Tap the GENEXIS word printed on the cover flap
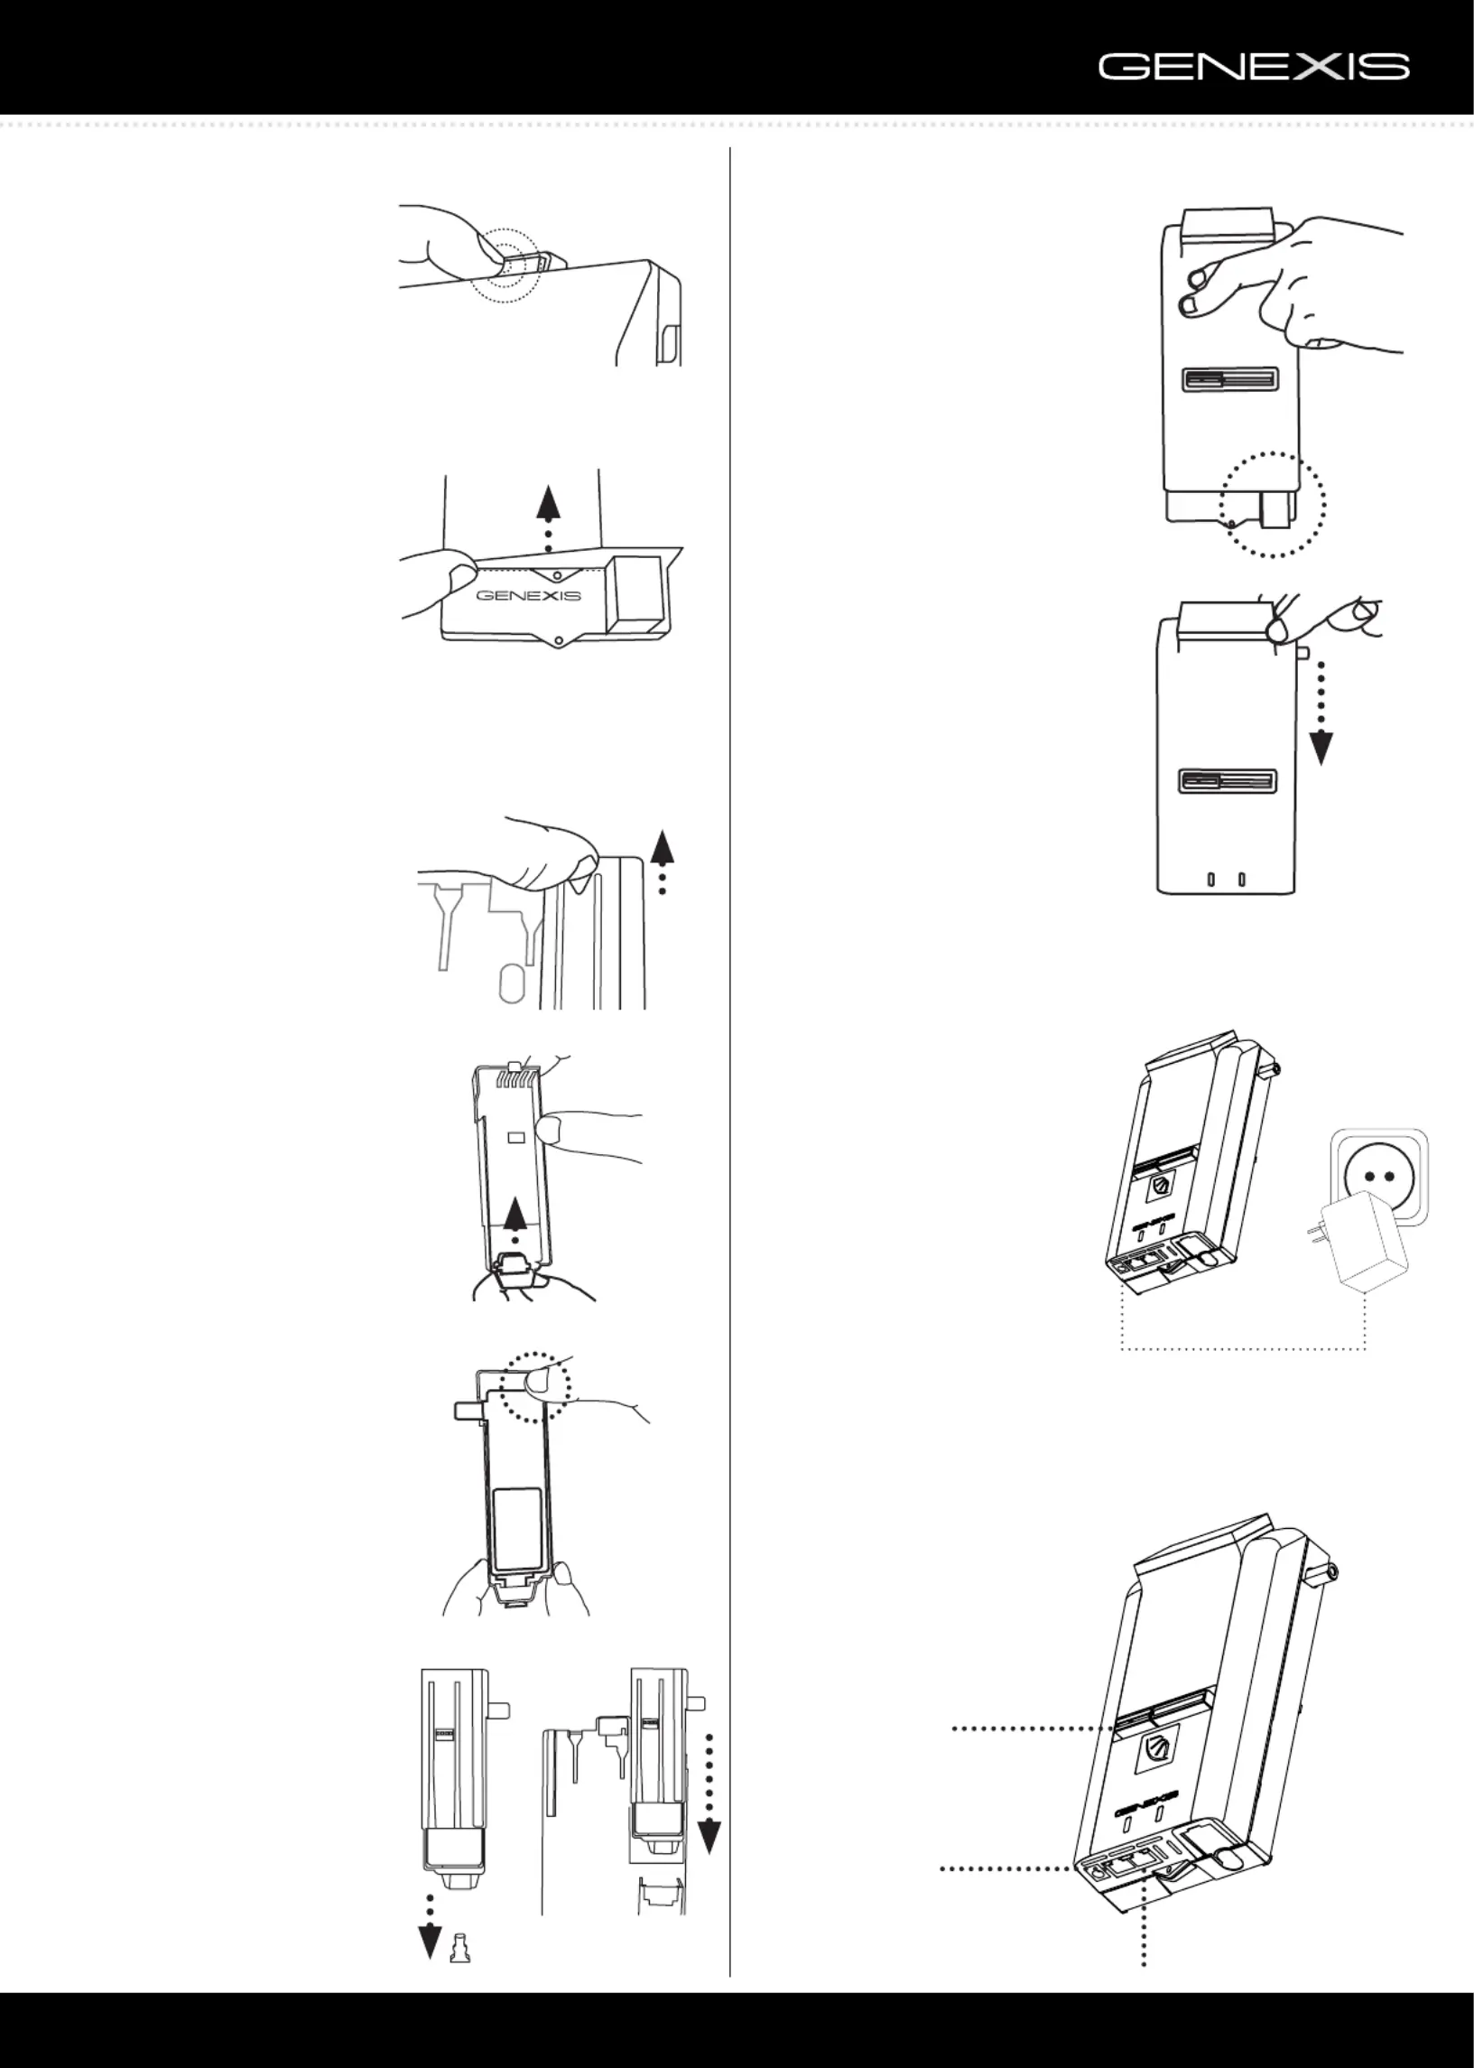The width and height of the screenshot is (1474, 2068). tap(528, 595)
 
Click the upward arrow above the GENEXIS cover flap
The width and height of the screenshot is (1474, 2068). tap(547, 517)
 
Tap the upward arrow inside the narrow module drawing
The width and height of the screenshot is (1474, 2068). tap(515, 1217)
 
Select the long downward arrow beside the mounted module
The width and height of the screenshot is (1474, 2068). tap(709, 1793)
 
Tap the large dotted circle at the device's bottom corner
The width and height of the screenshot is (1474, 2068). tap(1274, 505)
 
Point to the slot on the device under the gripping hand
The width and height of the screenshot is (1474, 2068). tap(1231, 379)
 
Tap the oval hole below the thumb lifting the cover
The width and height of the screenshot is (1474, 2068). tap(512, 983)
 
